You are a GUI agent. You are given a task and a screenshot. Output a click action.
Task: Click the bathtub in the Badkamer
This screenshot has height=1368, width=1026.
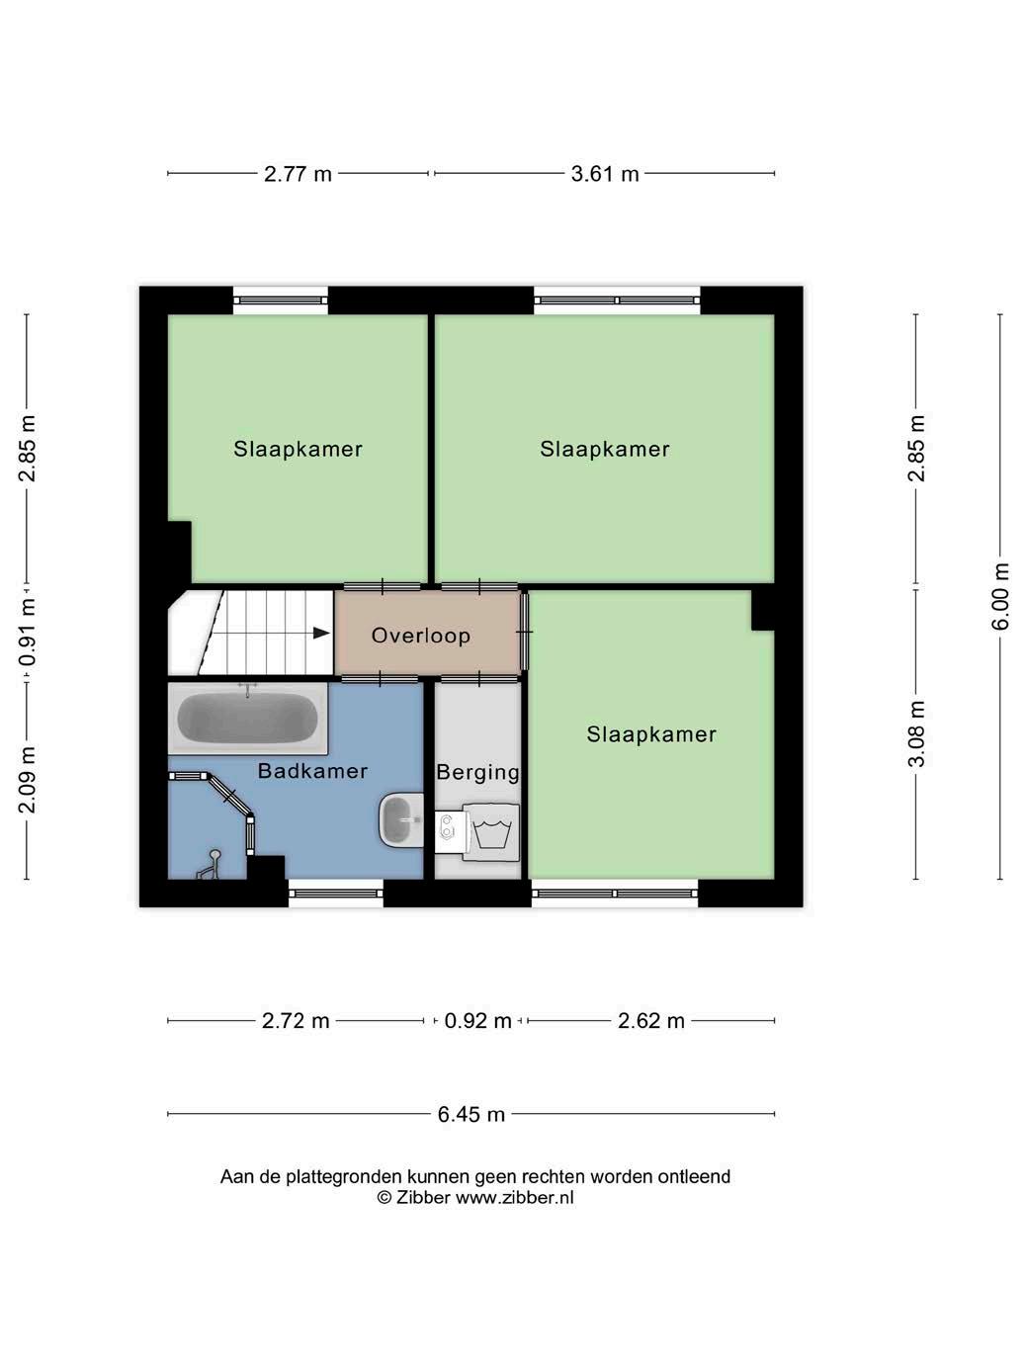coord(247,719)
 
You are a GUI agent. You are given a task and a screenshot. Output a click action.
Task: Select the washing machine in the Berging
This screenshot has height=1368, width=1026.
coord(491,832)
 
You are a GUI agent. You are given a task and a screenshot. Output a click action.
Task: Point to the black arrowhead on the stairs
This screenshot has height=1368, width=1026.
coord(321,634)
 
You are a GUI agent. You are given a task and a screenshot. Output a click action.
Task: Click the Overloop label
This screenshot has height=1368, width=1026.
coord(420,636)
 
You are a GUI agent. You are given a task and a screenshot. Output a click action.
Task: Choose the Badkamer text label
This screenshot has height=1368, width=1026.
coord(312,771)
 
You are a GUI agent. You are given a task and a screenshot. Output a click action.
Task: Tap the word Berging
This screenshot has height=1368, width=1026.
coord(477,773)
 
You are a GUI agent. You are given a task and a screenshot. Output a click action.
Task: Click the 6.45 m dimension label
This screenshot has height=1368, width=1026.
coord(470,1114)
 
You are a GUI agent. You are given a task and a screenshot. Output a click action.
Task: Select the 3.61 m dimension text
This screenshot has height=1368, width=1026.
coord(605,174)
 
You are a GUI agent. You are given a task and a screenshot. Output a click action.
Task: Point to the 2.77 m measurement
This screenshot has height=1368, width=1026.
coord(298,174)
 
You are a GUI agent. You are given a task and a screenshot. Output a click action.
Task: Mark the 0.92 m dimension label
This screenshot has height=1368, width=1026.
coord(477,1021)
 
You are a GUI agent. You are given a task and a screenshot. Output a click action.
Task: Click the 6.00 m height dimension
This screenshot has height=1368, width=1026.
coord(1000,596)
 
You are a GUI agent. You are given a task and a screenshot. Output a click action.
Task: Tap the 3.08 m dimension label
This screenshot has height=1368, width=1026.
coord(916,733)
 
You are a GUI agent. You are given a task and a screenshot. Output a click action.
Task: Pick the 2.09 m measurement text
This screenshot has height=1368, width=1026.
coord(28,780)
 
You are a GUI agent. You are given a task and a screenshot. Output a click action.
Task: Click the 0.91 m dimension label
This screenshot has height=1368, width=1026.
coord(28,634)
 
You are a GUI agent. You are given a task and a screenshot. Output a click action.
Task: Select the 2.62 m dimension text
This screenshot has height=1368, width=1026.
coord(651,1021)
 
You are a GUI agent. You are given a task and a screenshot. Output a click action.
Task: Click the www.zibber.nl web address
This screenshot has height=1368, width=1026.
coord(515,1198)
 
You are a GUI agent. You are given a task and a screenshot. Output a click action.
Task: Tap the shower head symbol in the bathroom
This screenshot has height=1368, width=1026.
coord(210,864)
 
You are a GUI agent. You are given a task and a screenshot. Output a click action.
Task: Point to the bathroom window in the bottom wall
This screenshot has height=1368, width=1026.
coord(336,894)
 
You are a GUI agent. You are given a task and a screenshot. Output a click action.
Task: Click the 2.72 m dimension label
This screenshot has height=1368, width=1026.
coord(296,1021)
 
